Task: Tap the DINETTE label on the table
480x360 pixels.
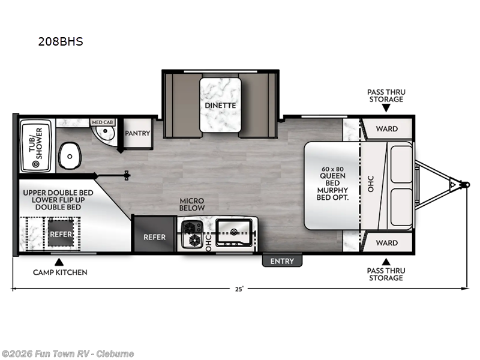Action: pos(220,105)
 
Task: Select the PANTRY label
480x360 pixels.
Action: pos(138,133)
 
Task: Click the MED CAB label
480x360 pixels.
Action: pos(101,122)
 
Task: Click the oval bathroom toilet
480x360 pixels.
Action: pos(70,158)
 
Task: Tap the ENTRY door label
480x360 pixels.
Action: pos(282,261)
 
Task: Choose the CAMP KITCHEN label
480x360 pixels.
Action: pos(59,272)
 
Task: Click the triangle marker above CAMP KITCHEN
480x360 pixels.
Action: pos(59,262)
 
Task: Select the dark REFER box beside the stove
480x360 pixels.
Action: pos(154,237)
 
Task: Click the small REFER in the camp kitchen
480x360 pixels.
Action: pos(61,233)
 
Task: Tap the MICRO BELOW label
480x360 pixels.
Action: pos(192,204)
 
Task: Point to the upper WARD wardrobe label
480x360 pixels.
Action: pos(387,129)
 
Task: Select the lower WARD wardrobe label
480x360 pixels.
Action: pos(387,243)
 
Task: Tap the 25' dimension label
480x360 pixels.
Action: pos(239,289)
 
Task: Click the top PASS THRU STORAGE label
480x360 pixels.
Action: pos(386,95)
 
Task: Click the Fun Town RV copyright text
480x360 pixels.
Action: pos(67,353)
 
